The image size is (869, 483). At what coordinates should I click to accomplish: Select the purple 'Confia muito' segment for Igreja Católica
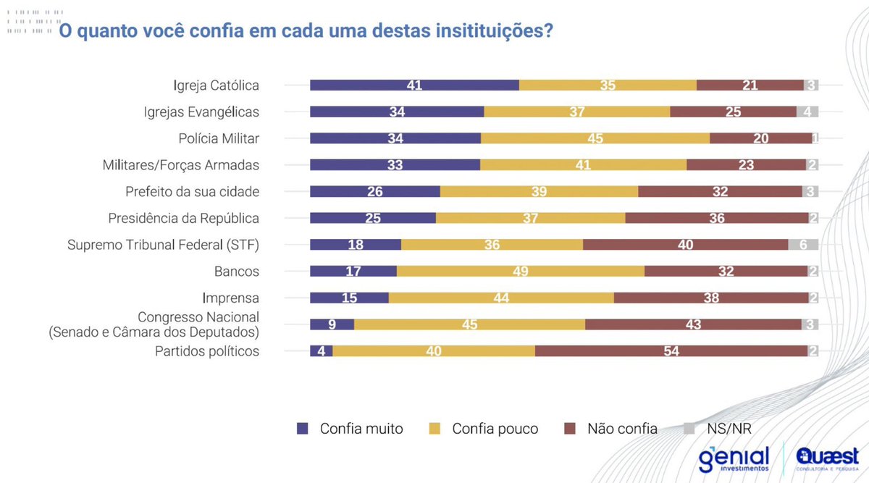coord(414,85)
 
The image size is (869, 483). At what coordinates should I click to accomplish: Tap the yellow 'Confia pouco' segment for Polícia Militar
coord(595,138)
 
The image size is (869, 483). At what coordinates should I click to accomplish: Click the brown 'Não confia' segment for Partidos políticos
coord(671,351)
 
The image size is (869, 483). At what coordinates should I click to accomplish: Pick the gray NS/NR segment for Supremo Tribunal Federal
coord(803,245)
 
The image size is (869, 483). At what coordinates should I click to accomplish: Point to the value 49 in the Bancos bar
coord(521,272)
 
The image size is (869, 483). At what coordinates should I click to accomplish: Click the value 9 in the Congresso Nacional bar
coord(332,324)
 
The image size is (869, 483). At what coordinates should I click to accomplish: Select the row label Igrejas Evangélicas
coord(202,112)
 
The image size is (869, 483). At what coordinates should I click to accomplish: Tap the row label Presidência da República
coord(183,218)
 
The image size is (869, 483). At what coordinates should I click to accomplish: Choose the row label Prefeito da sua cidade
coord(192,192)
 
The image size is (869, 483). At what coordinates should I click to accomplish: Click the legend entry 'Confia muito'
coord(361,429)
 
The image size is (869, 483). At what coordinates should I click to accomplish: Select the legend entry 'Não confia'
coord(621,429)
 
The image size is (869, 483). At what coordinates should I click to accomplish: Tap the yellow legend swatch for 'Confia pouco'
coord(435,429)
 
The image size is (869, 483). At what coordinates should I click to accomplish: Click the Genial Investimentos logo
coord(734,460)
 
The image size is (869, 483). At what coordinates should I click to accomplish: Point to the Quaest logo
coord(826,459)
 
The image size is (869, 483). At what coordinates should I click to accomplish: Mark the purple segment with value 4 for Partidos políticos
coord(321,351)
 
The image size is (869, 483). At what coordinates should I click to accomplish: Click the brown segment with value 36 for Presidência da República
coord(717,218)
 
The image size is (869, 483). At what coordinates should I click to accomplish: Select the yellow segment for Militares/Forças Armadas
coord(583,165)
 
